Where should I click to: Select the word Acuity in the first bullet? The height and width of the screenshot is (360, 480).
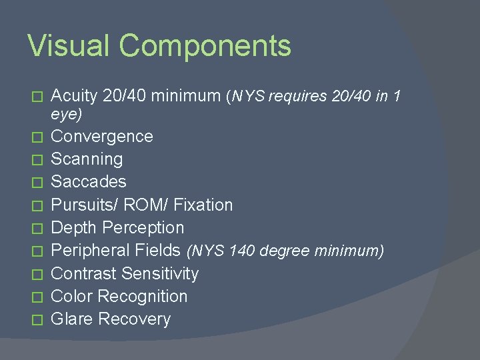pyautogui.click(x=75, y=96)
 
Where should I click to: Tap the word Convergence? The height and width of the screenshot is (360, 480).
pyautogui.click(x=102, y=137)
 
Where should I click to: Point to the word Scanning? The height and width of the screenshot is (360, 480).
pyautogui.click(x=87, y=159)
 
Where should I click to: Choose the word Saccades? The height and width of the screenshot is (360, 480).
pyautogui.click(x=89, y=182)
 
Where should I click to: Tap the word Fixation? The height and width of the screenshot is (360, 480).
pyautogui.click(x=203, y=205)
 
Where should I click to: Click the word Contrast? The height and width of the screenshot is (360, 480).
pyautogui.click(x=81, y=273)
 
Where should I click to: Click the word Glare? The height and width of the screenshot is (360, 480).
pyautogui.click(x=72, y=319)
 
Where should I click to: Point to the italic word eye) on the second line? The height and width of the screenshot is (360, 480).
pyautogui.click(x=67, y=115)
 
